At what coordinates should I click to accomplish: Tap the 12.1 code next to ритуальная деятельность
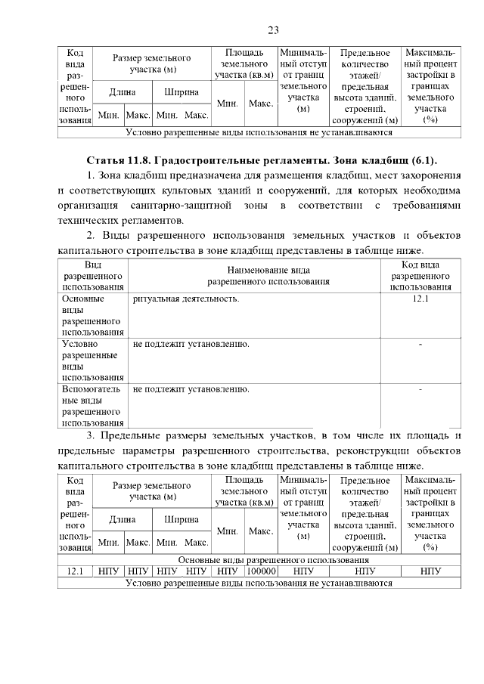click(x=420, y=299)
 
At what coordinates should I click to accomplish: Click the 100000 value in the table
click(x=261, y=571)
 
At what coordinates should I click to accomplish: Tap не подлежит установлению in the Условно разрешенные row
click(x=191, y=344)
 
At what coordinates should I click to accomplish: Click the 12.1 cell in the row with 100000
click(x=75, y=571)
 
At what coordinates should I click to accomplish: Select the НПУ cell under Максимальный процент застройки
click(x=430, y=571)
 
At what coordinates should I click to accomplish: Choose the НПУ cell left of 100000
click(x=227, y=571)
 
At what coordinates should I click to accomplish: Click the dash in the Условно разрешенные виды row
click(x=420, y=345)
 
